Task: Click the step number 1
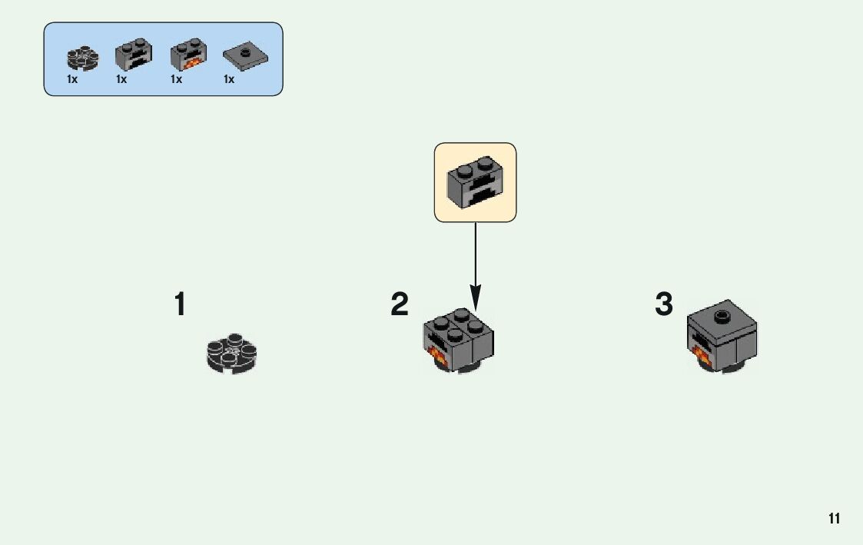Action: pos(180,304)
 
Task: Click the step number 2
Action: pos(400,304)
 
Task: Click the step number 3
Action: pos(664,304)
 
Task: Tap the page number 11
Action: pos(835,519)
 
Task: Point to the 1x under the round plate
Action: pos(71,79)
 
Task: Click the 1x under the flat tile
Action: pos(229,79)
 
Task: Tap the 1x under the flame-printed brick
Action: pos(176,79)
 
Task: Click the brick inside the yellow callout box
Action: pos(475,183)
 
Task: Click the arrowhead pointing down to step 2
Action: pos(475,296)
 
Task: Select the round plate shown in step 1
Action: pos(231,353)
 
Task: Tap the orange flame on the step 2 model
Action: pos(438,355)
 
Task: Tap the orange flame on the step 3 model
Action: pos(702,355)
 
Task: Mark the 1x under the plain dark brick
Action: pos(121,79)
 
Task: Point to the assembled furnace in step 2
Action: pos(458,341)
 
